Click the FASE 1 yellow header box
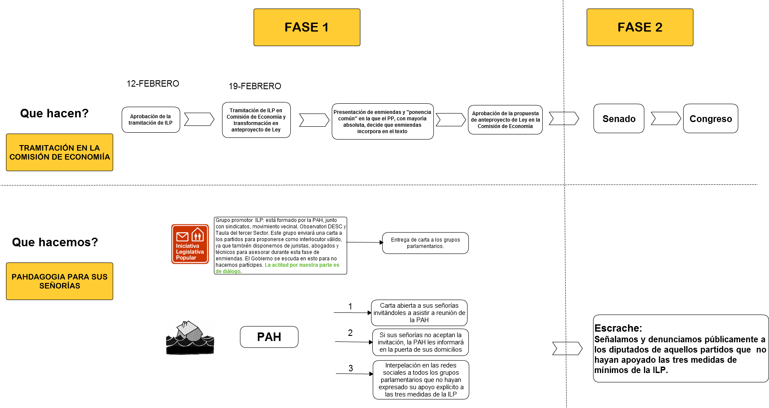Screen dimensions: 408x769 tap(307, 27)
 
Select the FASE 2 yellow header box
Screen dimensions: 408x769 tap(640, 27)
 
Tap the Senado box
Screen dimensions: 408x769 tap(619, 119)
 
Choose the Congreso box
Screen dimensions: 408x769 tap(711, 119)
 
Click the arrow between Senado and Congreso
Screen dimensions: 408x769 tap(666, 119)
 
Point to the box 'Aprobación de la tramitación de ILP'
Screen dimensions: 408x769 tap(151, 119)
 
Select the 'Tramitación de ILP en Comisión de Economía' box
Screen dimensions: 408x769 tap(256, 120)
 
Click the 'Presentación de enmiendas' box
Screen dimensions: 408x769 tap(383, 122)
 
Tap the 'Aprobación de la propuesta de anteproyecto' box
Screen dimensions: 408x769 tap(505, 120)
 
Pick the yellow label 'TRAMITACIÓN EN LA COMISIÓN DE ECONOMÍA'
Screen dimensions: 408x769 tap(59, 152)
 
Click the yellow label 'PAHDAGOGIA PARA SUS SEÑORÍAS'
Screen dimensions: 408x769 tap(59, 281)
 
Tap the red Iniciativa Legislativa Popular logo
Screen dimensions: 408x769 tap(190, 244)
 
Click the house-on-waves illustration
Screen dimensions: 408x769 tap(190, 337)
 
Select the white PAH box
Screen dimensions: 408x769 tap(269, 337)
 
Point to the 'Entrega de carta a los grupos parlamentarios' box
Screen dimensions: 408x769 tap(425, 243)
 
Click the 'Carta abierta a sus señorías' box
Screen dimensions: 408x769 tap(419, 313)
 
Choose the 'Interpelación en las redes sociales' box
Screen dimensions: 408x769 tap(421, 380)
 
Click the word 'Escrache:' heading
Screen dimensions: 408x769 tap(618, 328)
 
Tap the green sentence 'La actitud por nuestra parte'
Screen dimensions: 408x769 tap(302, 265)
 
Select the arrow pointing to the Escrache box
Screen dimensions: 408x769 tap(567, 349)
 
